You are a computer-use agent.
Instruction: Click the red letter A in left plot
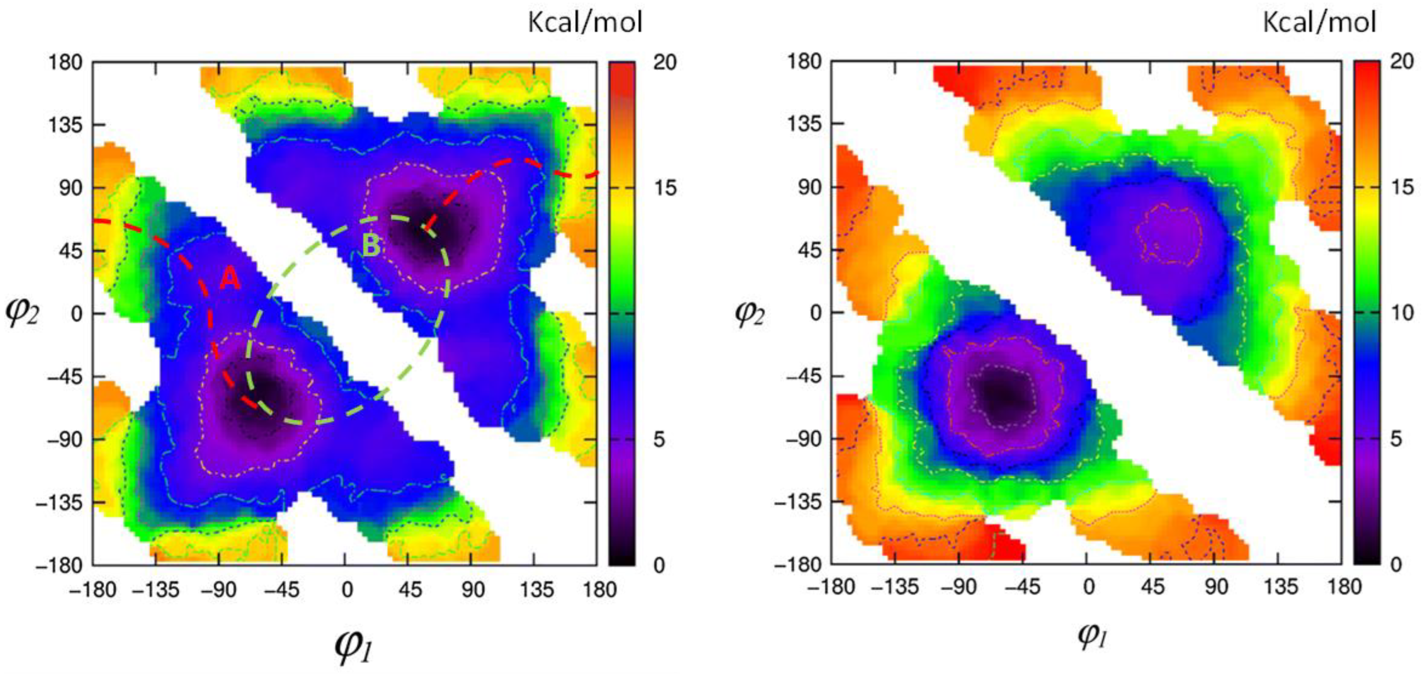tap(230, 278)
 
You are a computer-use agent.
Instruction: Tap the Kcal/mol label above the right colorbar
tap(1319, 23)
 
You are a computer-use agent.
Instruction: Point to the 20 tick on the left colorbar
tap(664, 62)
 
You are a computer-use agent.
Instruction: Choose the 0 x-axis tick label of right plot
tap(1088, 587)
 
